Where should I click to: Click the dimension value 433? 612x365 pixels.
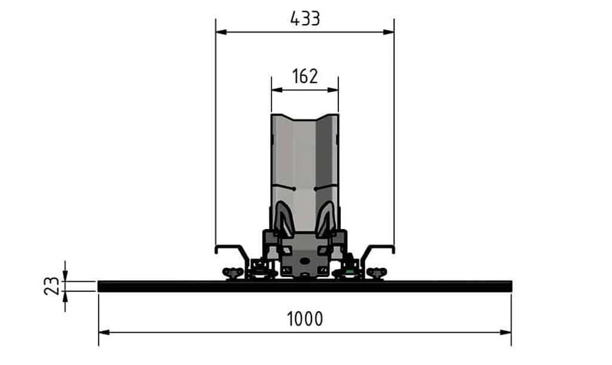click(x=305, y=19)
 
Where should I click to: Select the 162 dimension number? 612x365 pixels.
click(x=305, y=76)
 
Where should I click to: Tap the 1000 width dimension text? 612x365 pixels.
click(x=305, y=319)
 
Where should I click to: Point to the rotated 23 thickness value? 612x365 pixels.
click(x=52, y=286)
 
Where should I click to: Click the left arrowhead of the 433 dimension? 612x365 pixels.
click(x=221, y=32)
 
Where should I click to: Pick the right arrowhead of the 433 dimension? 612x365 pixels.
click(x=388, y=32)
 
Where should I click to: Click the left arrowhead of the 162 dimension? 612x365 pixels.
click(x=277, y=90)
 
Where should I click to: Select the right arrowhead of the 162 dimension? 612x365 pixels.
click(x=333, y=90)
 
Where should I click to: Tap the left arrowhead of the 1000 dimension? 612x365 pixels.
click(x=104, y=333)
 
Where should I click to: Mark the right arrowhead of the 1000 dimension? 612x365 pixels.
click(x=506, y=333)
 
